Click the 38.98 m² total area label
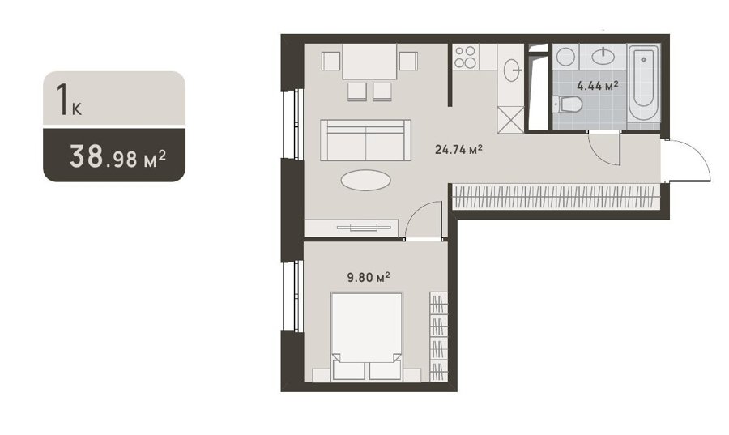pyautogui.click(x=117, y=156)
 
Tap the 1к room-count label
pyautogui.click(x=69, y=99)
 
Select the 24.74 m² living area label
pyautogui.click(x=458, y=149)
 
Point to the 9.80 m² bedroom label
pyautogui.click(x=369, y=278)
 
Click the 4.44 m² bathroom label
pyautogui.click(x=598, y=86)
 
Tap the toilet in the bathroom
pyautogui.click(x=567, y=104)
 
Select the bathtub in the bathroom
pyautogui.click(x=643, y=83)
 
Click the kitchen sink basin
pyautogui.click(x=512, y=70)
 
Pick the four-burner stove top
pyautogui.click(x=465, y=58)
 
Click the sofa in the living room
pyautogui.click(x=365, y=140)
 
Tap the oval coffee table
pyautogui.click(x=365, y=180)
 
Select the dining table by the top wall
pyautogui.click(x=369, y=62)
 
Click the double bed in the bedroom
pyautogui.click(x=366, y=336)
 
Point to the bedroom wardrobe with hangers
pyautogui.click(x=438, y=337)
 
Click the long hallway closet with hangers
pyautogui.click(x=556, y=196)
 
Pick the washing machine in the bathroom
pyautogui.click(x=565, y=57)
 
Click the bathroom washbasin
pyautogui.click(x=603, y=56)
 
